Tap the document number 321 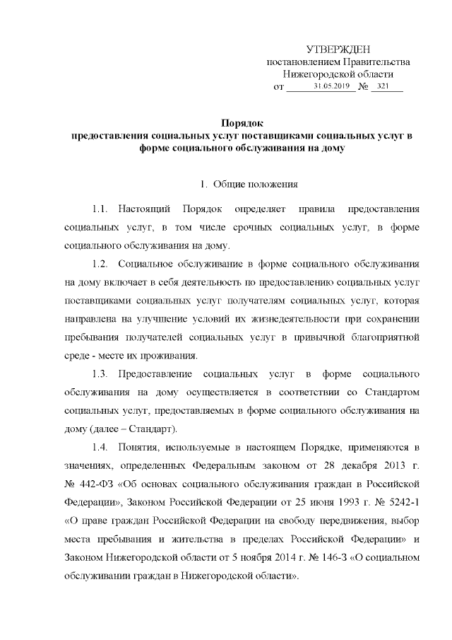click(385, 86)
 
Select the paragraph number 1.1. click(100, 211)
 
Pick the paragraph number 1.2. click(100, 264)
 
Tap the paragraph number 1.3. click(100, 372)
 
